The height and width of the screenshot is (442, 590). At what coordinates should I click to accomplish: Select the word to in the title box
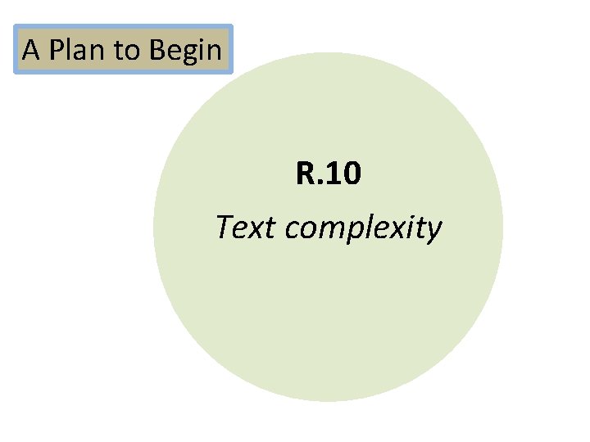[x=127, y=52]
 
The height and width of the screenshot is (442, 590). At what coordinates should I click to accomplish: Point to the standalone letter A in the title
[x=31, y=51]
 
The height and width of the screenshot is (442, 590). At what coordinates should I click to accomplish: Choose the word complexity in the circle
[x=363, y=228]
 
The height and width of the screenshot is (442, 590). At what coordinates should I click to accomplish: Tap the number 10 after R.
[x=343, y=174]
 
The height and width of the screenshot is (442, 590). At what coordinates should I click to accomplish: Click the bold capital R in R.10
[x=305, y=174]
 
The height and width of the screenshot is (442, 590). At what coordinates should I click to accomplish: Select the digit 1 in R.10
[x=332, y=174]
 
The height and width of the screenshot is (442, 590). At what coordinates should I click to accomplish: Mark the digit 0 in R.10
[x=351, y=174]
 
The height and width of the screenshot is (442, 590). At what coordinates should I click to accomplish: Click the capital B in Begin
[x=157, y=51]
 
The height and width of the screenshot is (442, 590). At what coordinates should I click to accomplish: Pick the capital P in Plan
[x=56, y=51]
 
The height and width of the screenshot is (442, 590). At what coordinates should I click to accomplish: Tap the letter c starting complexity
[x=293, y=228]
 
